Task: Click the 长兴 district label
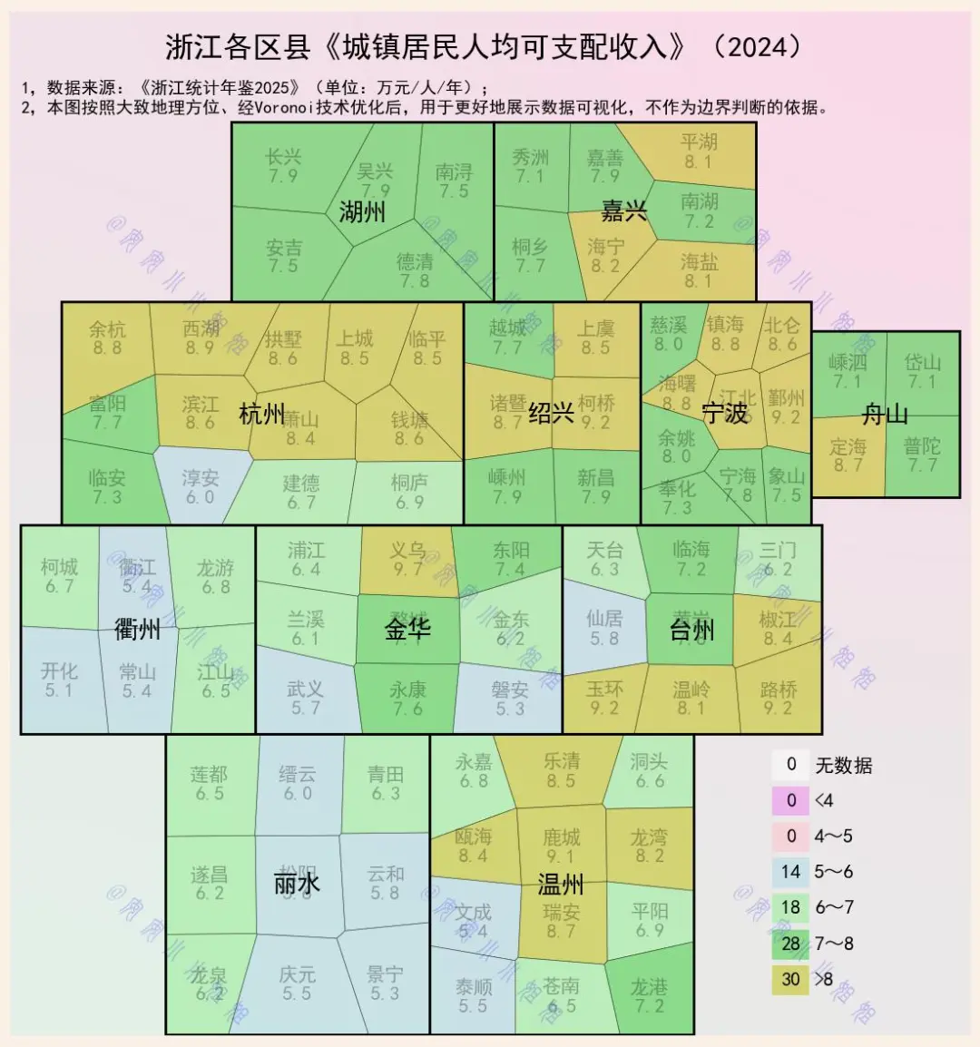click(x=283, y=157)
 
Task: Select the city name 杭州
click(x=261, y=415)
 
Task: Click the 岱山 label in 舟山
click(x=922, y=362)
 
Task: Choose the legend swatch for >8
click(x=790, y=978)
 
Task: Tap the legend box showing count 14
click(x=790, y=872)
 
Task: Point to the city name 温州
click(x=561, y=884)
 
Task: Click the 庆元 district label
click(x=297, y=974)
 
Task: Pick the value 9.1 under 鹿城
click(x=561, y=856)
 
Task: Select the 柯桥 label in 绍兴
click(x=596, y=402)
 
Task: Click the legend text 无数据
click(x=844, y=766)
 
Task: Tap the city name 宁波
click(x=725, y=413)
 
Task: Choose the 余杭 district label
click(x=107, y=329)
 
